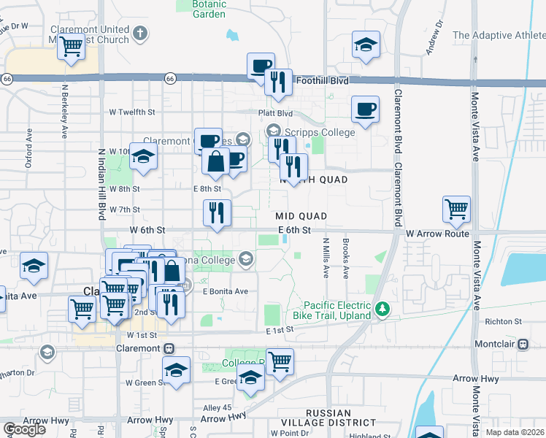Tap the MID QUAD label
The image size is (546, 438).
pos(301,216)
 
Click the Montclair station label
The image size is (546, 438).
pos(495,343)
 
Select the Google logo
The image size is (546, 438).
pos(23,429)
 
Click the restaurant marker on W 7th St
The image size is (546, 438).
pos(217,213)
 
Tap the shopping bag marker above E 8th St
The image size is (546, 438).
pos(216,161)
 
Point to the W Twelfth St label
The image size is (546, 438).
pos(132,112)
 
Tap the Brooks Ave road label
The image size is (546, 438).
pos(345,257)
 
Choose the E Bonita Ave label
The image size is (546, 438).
pos(226,291)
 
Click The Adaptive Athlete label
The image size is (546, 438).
pos(499,35)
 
